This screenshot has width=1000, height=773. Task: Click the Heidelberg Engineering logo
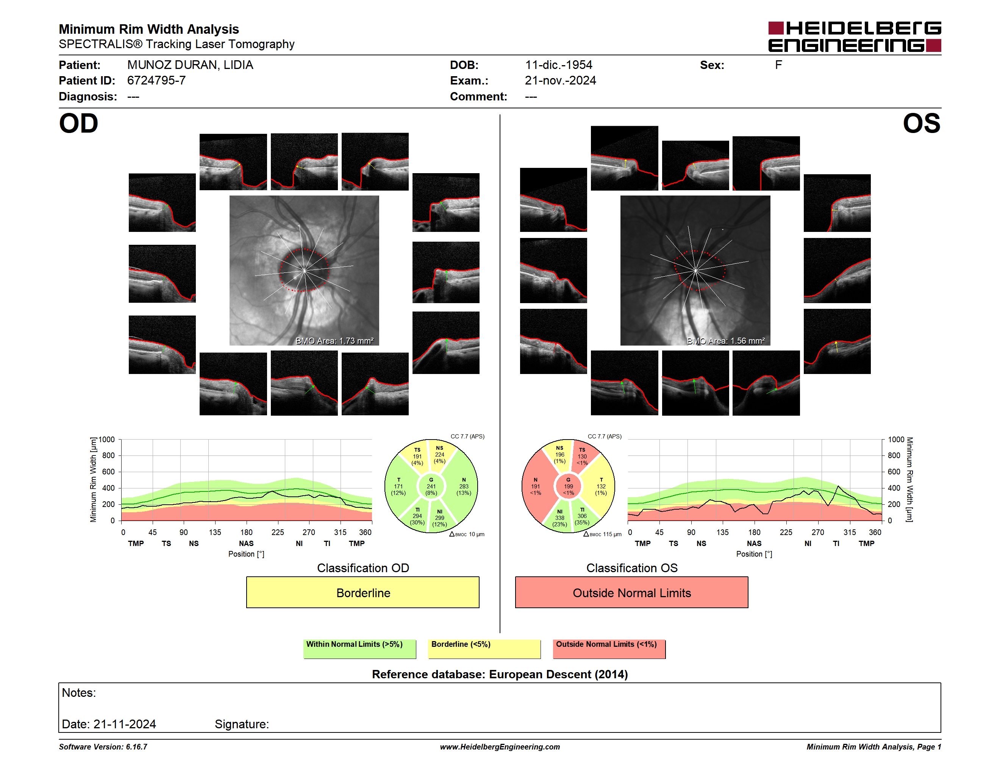click(x=855, y=37)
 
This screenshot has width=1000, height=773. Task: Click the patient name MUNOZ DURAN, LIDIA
click(x=190, y=65)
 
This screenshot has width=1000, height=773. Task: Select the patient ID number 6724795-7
click(x=156, y=81)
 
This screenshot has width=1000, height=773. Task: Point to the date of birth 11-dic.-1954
click(x=558, y=65)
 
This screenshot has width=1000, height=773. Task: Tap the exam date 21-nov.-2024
click(x=560, y=81)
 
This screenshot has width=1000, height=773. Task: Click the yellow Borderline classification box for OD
click(x=362, y=592)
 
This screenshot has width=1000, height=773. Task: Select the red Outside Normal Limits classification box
click(x=631, y=592)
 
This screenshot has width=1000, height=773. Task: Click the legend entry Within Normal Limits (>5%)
click(x=359, y=649)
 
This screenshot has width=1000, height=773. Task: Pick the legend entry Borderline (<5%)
click(x=484, y=649)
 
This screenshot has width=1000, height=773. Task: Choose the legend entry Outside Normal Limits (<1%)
click(x=609, y=649)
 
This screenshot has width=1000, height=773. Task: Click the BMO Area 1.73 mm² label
click(x=335, y=341)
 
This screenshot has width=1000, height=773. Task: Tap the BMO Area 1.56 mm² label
click(x=726, y=341)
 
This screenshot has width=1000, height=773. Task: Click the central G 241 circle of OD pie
click(x=431, y=486)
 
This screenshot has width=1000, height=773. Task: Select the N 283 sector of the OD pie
click(x=463, y=486)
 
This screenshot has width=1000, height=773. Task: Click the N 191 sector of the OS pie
click(x=536, y=486)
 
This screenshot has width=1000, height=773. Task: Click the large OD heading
click(x=79, y=124)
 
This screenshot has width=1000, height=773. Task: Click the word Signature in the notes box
click(x=241, y=724)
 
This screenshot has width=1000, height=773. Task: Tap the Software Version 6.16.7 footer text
click(x=103, y=747)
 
